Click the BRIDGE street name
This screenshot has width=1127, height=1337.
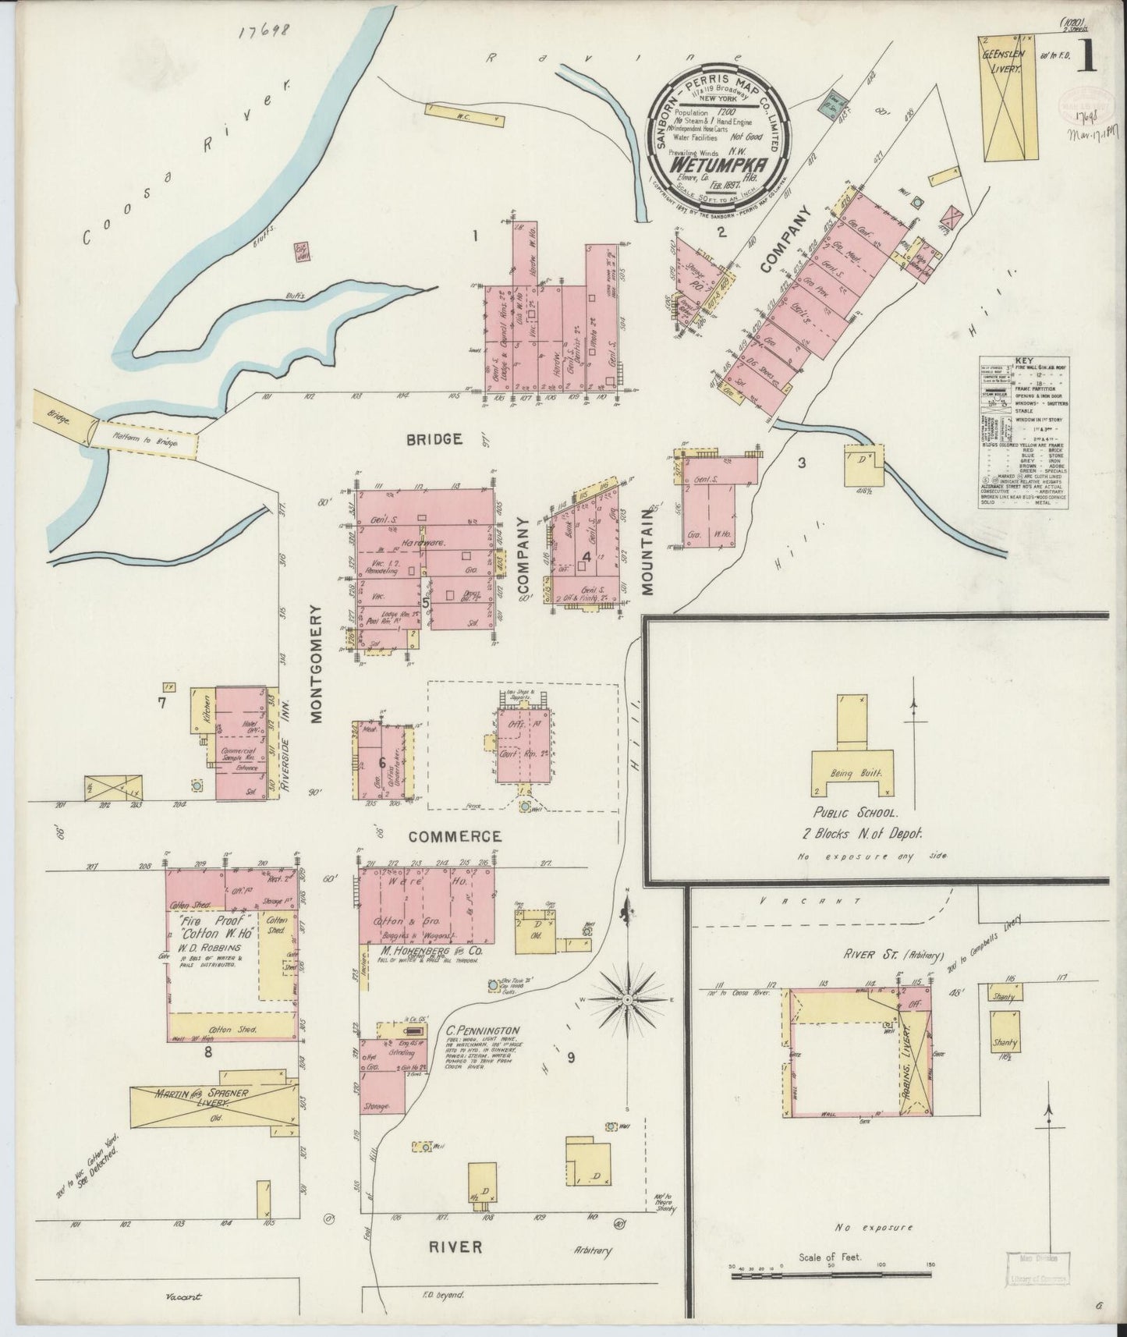[x=434, y=439]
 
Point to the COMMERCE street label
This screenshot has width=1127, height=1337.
[x=455, y=835]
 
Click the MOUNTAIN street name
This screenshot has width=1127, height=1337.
[x=647, y=552]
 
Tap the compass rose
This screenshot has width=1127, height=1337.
[x=627, y=998]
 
